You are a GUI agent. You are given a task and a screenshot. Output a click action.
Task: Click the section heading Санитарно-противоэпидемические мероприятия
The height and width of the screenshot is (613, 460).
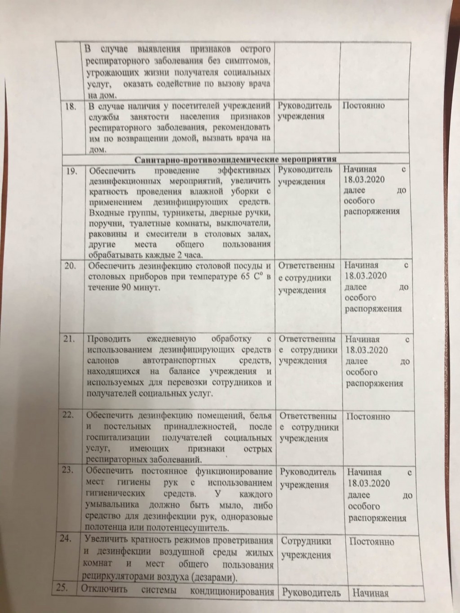pyautogui.click(x=236, y=159)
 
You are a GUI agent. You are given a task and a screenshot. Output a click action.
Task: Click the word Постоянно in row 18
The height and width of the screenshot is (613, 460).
pyautogui.click(x=363, y=106)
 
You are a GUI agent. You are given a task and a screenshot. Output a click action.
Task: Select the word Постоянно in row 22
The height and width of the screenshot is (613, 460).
pyautogui.click(x=368, y=416)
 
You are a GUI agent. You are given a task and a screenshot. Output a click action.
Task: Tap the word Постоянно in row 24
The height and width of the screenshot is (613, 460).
pyautogui.click(x=372, y=542)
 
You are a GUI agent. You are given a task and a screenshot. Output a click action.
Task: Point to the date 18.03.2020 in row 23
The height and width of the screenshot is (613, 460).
pyautogui.click(x=368, y=484)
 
